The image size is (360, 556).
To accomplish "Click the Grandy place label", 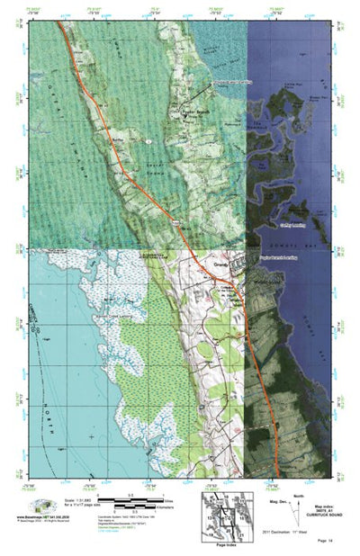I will tap(221, 265).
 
